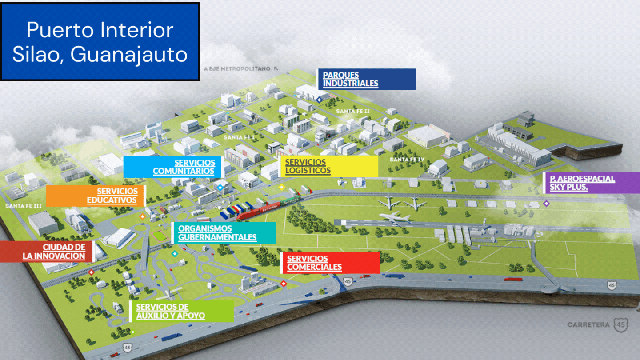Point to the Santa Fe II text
353,111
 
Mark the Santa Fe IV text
407,159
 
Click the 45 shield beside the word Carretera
621,325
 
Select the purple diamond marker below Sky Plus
547,204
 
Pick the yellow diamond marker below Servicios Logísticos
281,187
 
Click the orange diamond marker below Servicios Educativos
142,216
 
